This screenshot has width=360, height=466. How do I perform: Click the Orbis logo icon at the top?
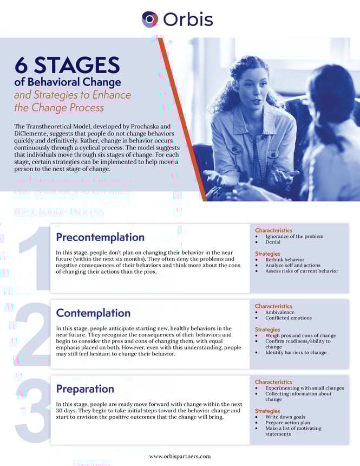(x=150, y=19)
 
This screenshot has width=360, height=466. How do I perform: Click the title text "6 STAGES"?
(x=67, y=65)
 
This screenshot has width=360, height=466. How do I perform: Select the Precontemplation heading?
(x=100, y=237)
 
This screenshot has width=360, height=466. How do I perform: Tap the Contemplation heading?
(x=93, y=313)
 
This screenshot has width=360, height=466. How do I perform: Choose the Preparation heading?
(x=85, y=389)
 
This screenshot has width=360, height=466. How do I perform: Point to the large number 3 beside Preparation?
(x=32, y=412)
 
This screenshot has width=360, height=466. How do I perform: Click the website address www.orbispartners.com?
(x=180, y=456)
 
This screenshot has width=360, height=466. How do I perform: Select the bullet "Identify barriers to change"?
(x=296, y=353)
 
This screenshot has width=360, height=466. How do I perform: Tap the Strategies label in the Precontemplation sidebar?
(x=267, y=254)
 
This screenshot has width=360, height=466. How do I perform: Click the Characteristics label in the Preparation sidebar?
(x=273, y=382)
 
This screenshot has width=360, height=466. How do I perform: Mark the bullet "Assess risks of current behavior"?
(x=302, y=271)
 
